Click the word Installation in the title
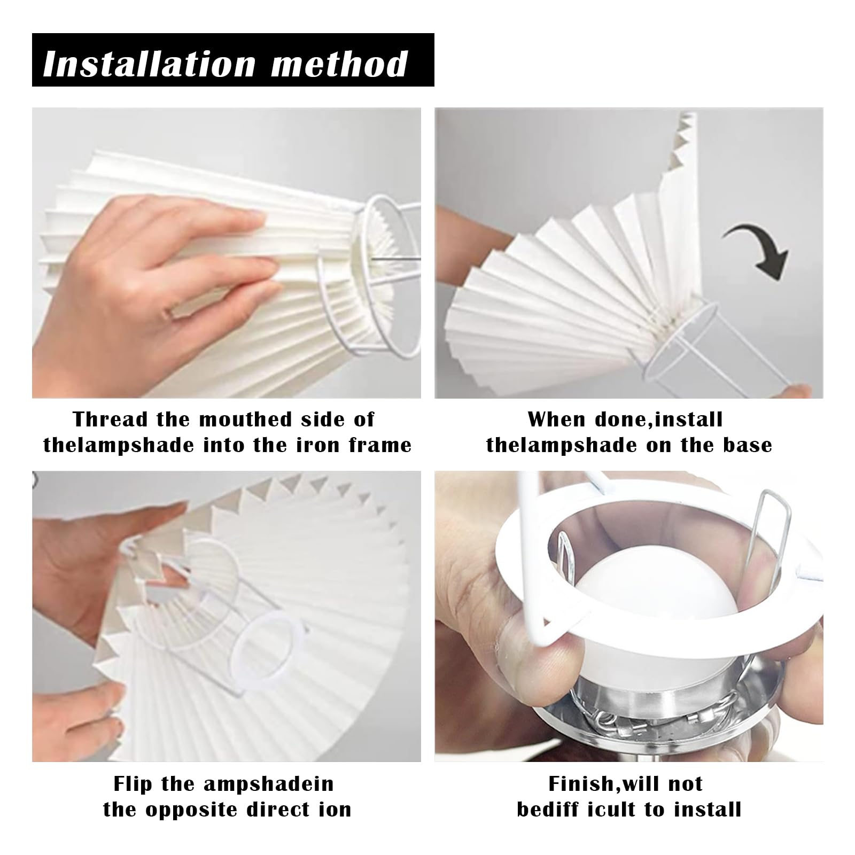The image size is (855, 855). [x=150, y=64]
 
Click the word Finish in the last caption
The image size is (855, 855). [x=581, y=784]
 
